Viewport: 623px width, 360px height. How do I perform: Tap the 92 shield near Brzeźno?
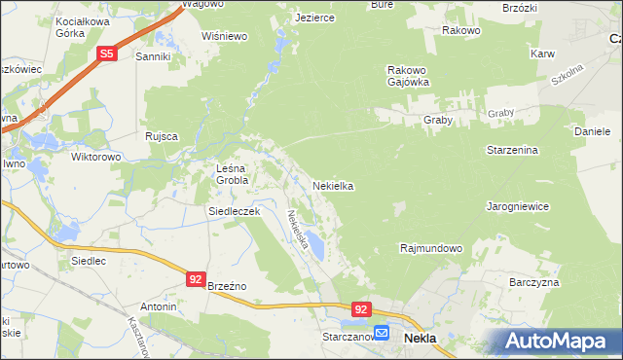[196, 279]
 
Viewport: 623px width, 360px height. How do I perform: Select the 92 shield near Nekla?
[361, 309]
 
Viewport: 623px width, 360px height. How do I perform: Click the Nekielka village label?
[332, 185]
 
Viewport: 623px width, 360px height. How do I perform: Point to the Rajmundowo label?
[430, 248]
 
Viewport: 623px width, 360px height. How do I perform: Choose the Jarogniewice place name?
[518, 206]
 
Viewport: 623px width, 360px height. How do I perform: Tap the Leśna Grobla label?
[233, 174]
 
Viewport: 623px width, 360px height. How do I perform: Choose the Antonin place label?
[159, 306]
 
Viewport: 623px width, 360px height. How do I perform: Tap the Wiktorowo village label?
[95, 156]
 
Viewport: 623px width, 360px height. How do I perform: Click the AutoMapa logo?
[553, 341]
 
